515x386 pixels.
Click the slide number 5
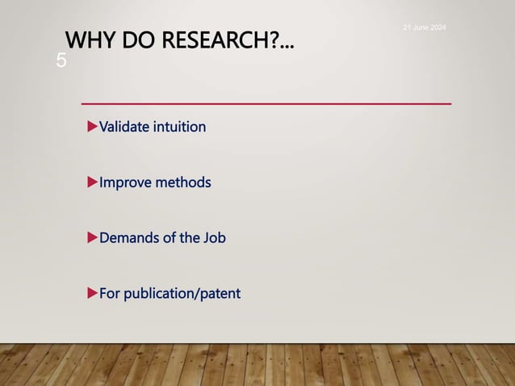click(61, 61)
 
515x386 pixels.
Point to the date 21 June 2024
click(425, 28)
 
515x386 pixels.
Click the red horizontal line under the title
click(266, 104)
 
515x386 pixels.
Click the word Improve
click(124, 183)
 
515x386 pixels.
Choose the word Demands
click(128, 238)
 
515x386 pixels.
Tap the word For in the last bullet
click(110, 293)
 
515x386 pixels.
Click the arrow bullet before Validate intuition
click(92, 127)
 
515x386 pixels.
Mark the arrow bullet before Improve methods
click(92, 182)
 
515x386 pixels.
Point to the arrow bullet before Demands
click(92, 237)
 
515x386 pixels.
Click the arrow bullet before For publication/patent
click(92, 292)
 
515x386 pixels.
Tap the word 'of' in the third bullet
click(168, 238)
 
